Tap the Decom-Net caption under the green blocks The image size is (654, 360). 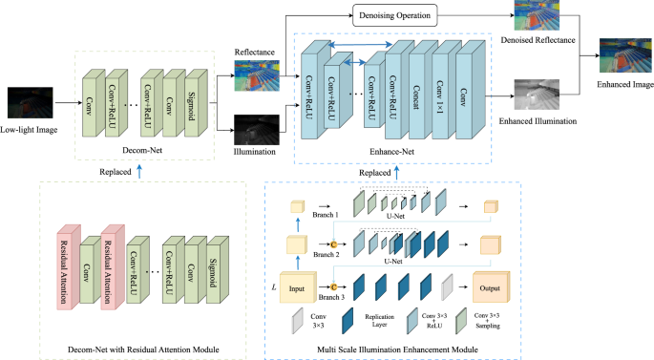140,150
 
